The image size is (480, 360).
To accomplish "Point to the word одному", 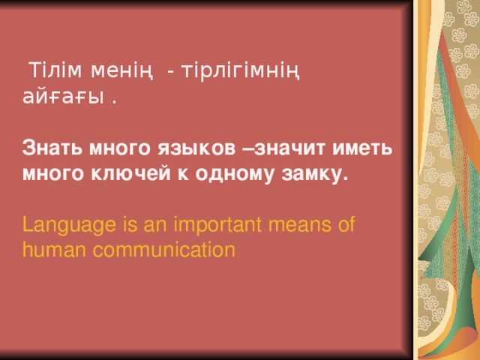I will [x=236, y=174].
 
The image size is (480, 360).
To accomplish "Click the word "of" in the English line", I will [x=346, y=224].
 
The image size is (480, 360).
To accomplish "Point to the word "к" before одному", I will [x=185, y=174].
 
